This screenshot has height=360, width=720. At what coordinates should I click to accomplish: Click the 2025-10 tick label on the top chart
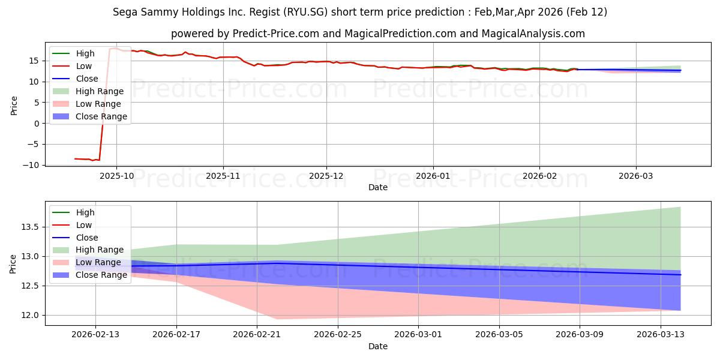116,176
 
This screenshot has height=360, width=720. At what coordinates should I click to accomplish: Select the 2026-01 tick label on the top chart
433,176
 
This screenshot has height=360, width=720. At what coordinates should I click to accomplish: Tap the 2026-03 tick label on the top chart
636,176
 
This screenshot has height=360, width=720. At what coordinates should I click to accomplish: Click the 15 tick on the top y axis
35,61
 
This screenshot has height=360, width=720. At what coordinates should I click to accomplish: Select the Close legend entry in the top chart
87,79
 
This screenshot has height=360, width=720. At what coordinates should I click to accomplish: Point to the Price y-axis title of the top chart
14,105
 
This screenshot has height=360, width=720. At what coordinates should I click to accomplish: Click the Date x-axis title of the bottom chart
378,346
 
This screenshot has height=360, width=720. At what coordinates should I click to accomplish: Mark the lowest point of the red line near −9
92,161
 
